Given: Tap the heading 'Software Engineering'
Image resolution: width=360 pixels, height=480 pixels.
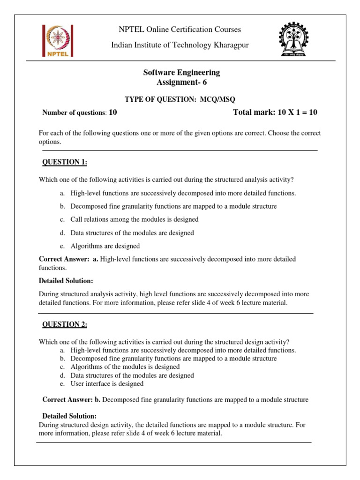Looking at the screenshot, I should point(181,73).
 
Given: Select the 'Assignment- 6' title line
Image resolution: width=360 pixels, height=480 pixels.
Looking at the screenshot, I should point(181,82).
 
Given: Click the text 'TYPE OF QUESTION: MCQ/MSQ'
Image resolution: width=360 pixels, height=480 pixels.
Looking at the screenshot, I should point(180,99).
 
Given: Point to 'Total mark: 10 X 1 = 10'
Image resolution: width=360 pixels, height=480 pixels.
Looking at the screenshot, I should point(275,112).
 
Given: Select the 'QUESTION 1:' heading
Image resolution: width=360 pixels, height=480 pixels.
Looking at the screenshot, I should point(65,162).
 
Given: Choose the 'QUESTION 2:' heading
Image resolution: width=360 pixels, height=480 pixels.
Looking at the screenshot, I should point(65,324).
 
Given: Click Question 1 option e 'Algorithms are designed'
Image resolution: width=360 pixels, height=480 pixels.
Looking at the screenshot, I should point(105,246).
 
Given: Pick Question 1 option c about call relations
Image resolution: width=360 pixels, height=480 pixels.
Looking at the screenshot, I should point(135,219).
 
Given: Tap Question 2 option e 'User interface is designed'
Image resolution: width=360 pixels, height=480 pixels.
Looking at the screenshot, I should point(107,384).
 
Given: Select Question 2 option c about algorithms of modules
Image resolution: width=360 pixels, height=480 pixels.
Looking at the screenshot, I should point(125,367).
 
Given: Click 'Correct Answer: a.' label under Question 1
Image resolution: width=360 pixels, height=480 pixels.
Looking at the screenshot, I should point(68,259).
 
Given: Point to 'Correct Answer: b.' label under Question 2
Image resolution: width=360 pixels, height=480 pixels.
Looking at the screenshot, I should point(72,400).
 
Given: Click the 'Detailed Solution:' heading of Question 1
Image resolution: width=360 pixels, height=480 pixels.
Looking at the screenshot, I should point(66,281).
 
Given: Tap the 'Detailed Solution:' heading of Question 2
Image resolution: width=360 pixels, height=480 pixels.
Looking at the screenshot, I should point(69,416).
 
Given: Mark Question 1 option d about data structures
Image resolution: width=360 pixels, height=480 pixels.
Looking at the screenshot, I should point(132,233).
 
